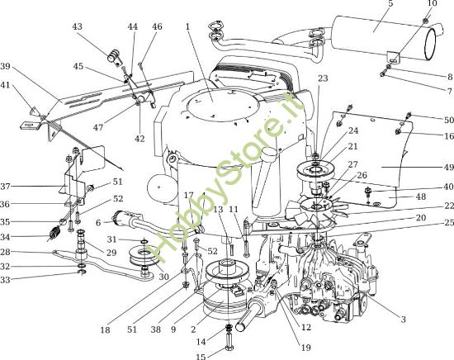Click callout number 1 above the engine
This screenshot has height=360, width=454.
187,26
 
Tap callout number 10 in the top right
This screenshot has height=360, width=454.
433,4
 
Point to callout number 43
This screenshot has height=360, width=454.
78,27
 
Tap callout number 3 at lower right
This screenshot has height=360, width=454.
403,318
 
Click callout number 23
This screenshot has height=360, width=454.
323,78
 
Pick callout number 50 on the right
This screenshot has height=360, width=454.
448,120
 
